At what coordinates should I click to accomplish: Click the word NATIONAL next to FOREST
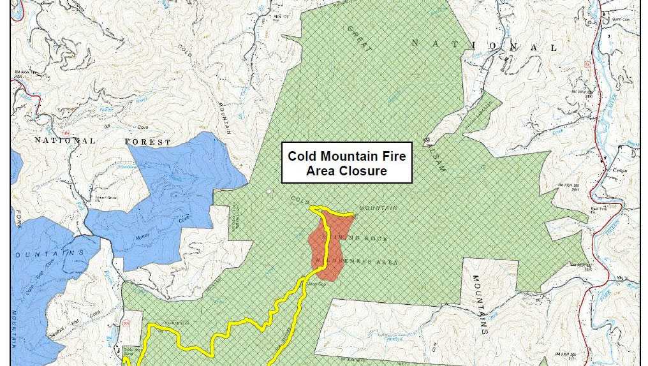[x=64, y=140]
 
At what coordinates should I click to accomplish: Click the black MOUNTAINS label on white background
[x=480, y=305]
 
